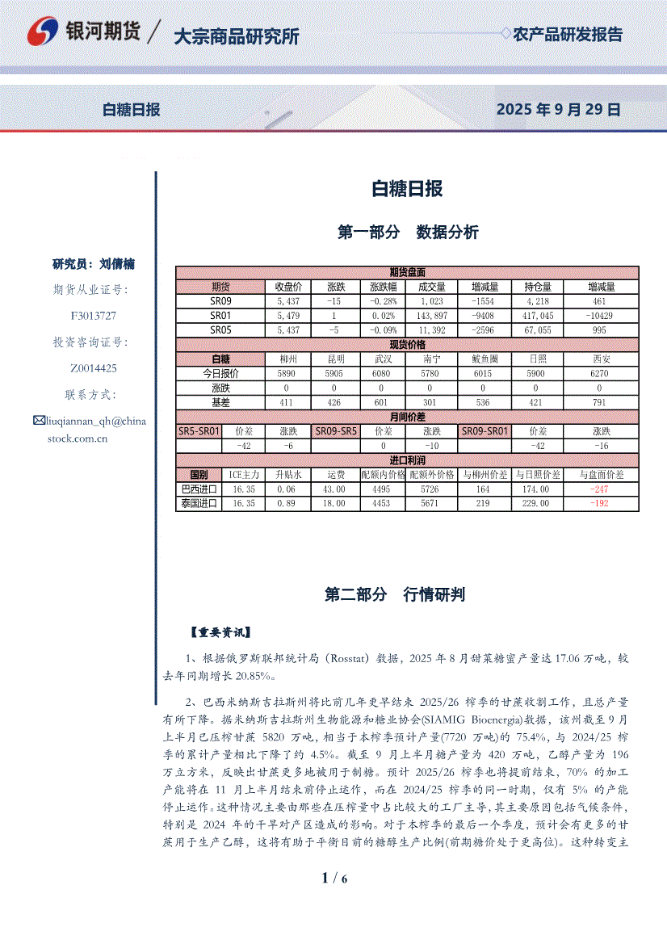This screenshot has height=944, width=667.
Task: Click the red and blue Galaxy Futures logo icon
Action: pos(44,32)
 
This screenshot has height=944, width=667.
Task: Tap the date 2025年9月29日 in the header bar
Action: pos(558,110)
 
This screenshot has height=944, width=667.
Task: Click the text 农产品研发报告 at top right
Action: pos(568,35)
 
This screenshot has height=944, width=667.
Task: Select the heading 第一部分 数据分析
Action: pos(407,233)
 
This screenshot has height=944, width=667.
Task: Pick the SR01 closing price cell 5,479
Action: pos(288,315)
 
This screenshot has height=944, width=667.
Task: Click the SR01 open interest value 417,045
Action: pos(538,315)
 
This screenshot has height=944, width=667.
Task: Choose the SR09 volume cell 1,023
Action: pos(431,301)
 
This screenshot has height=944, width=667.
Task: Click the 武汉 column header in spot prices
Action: pos(382,359)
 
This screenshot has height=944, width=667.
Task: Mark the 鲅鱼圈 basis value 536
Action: pos(483,402)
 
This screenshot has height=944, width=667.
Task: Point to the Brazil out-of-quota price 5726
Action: pos(431,489)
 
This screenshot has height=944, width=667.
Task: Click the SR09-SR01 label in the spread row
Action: pos(485,431)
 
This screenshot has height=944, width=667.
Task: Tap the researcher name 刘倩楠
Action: pos(117,264)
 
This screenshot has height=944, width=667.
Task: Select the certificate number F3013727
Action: pos(94,316)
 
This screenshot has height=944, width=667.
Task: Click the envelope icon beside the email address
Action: pos(39,420)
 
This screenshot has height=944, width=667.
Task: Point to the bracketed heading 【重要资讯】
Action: pos(220,633)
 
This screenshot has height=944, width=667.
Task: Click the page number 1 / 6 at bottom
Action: pos(333,879)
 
